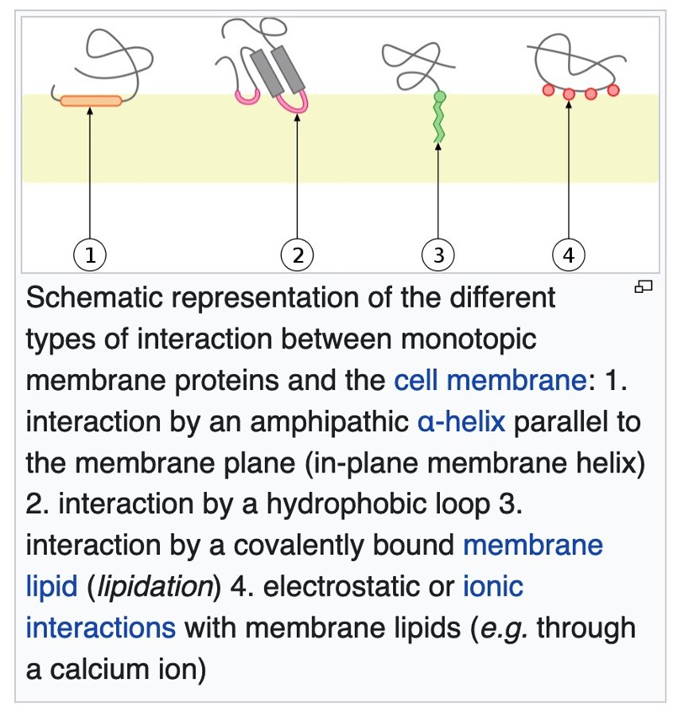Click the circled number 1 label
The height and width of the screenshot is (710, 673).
coord(89,254)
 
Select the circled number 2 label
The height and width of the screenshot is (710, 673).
coord(297,254)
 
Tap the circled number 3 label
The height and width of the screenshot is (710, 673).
coord(438,254)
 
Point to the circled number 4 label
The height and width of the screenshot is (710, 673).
coord(569,254)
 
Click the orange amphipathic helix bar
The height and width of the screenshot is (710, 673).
coord(91,102)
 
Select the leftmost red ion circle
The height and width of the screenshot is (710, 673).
coord(548,89)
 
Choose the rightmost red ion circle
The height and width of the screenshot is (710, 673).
coord(612,89)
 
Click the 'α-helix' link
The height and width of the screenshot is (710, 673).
coord(461,420)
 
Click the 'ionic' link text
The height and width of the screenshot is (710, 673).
coord(493,585)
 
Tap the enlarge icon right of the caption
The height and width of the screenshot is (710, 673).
coord(644,287)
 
